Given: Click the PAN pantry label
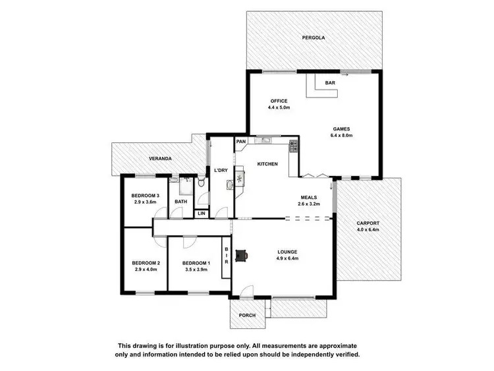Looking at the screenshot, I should pyautogui.click(x=242, y=141).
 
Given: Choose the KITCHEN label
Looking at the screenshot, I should pyautogui.click(x=267, y=164).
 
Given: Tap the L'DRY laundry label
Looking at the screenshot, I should pyautogui.click(x=221, y=171).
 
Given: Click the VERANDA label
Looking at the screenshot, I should pyautogui.click(x=160, y=159).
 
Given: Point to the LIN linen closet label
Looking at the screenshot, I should pyautogui.click(x=202, y=214).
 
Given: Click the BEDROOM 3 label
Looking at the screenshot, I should pyautogui.click(x=145, y=195).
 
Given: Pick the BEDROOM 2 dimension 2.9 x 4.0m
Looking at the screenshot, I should pyautogui.click(x=146, y=270).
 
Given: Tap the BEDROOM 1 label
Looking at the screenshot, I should pyautogui.click(x=196, y=263).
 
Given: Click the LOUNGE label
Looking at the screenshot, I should pyautogui.click(x=287, y=252).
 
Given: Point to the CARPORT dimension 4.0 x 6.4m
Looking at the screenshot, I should pyautogui.click(x=368, y=229).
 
